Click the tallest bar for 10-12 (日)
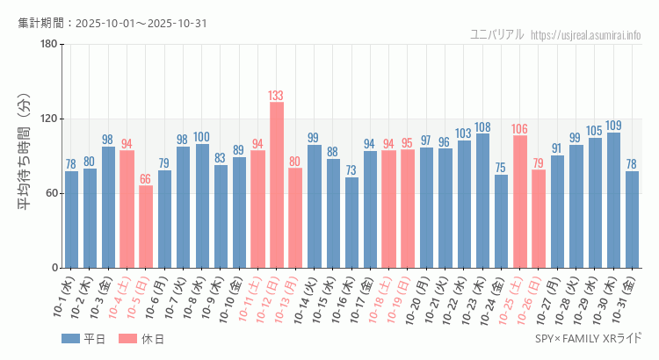[277, 184]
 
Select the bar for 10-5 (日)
[146, 227]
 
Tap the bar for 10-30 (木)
[613, 200]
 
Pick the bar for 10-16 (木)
[351, 222]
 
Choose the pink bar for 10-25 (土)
[520, 202]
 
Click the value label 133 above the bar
[277, 96]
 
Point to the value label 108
[482, 127]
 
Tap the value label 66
[146, 179]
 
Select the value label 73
[351, 170]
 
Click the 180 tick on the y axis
[48, 45]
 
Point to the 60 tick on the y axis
[51, 193]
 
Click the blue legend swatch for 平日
[70, 339]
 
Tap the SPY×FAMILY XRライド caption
[588, 339]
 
